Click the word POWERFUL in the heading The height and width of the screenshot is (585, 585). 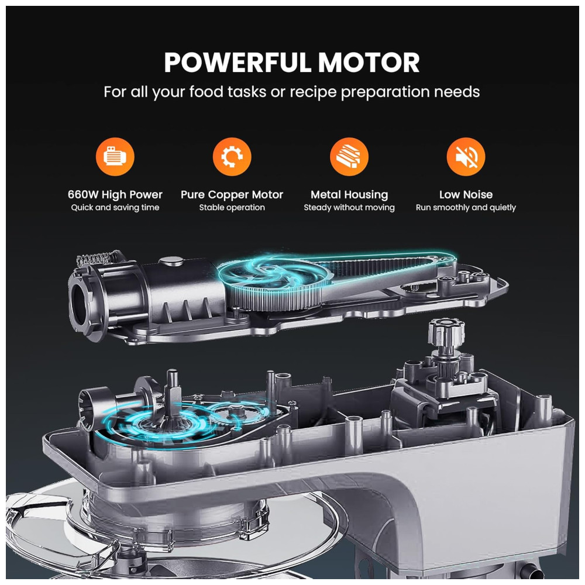(238, 63)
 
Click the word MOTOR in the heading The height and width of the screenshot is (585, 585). (369, 63)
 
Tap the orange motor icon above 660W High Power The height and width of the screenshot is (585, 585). (115, 156)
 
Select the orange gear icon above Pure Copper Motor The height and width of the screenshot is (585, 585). (232, 156)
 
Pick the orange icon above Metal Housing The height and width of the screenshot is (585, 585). (349, 156)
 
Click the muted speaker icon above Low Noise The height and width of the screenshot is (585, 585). (466, 156)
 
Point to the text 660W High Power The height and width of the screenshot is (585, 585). (115, 194)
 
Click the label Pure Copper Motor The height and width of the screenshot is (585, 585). (232, 194)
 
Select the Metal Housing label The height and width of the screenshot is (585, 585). (349, 194)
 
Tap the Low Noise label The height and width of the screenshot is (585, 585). (466, 194)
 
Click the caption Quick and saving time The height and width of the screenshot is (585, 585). (115, 208)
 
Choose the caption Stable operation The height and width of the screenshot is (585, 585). (232, 208)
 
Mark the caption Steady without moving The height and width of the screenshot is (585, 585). (349, 208)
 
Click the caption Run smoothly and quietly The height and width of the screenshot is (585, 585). (466, 208)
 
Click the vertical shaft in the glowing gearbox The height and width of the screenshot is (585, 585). (173, 396)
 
